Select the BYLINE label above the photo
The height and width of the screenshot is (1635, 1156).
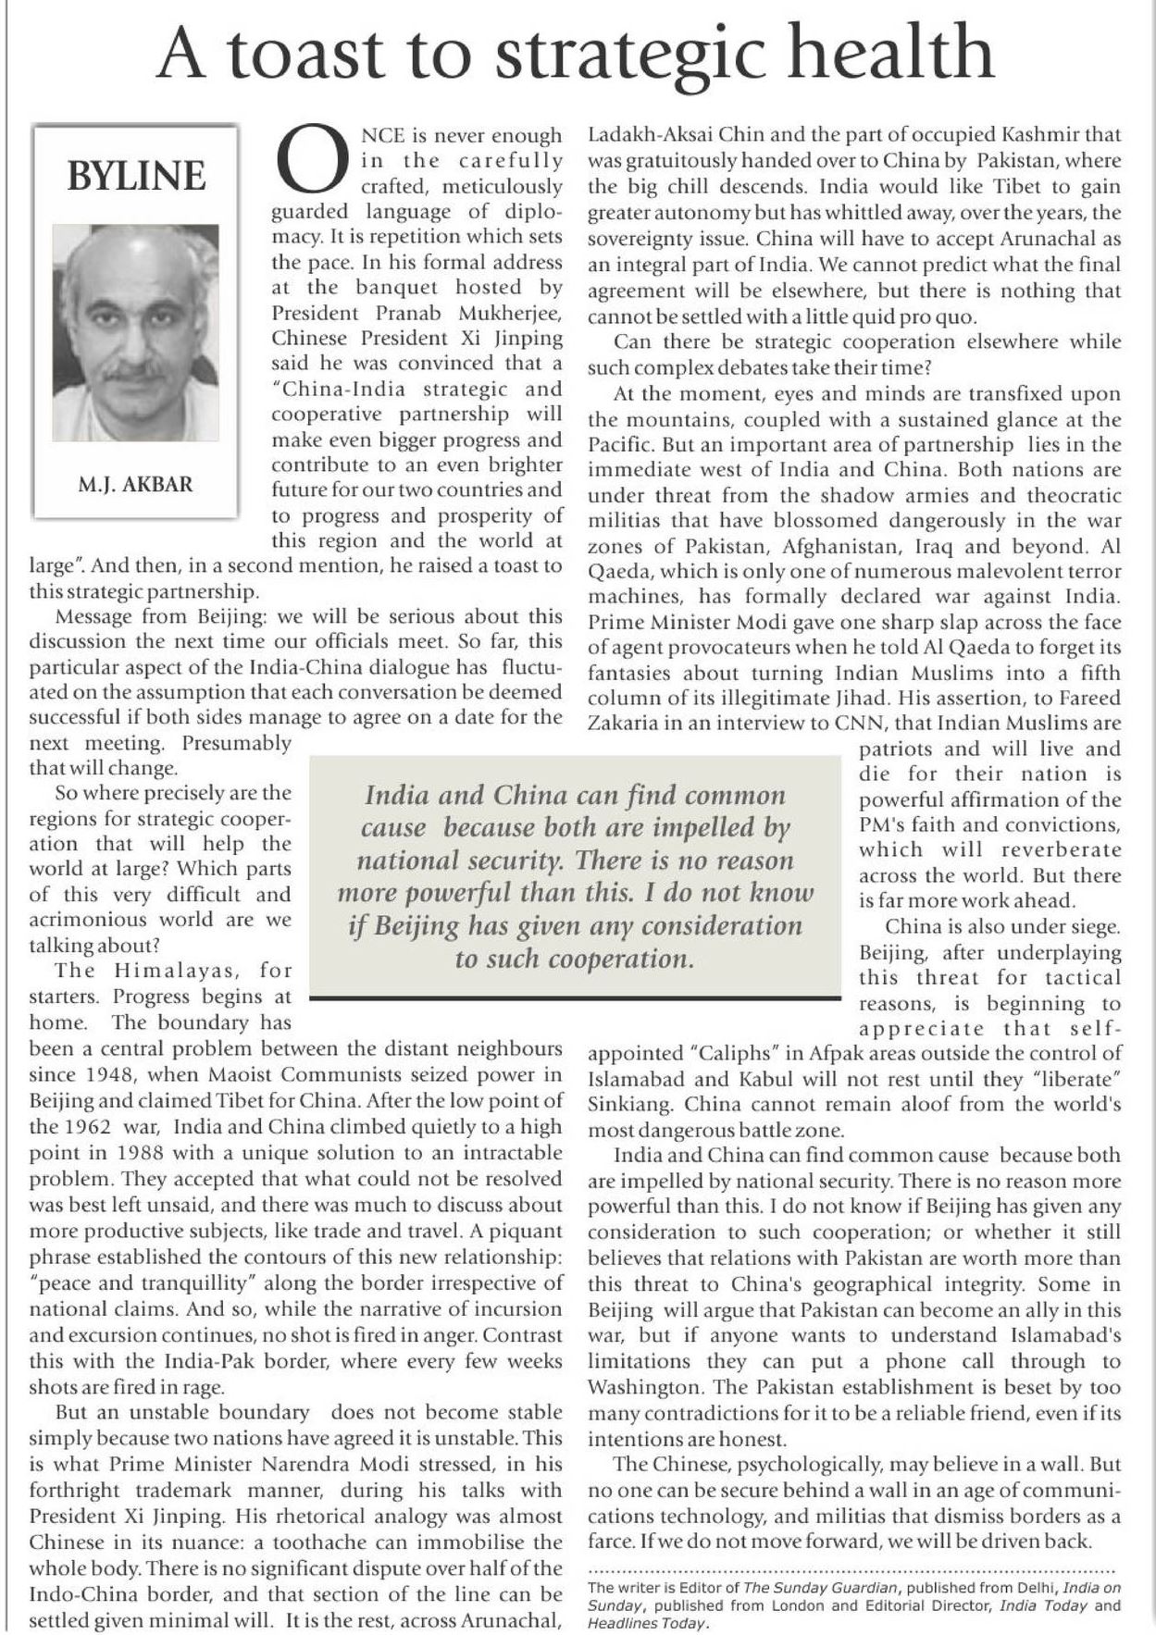(x=136, y=176)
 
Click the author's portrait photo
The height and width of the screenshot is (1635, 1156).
(x=135, y=333)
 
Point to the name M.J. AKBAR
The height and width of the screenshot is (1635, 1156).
(x=136, y=485)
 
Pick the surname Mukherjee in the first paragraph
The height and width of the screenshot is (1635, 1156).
(x=514, y=313)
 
